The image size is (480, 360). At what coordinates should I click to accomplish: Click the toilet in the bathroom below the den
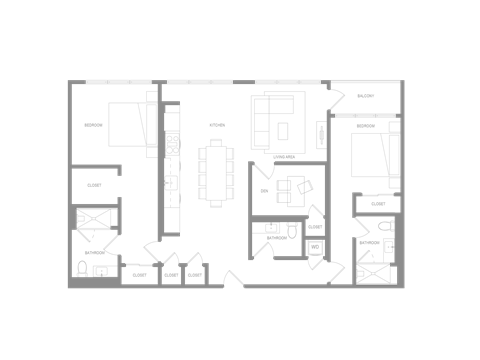[x=291, y=230]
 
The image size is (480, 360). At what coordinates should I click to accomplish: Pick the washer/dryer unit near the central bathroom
[x=315, y=246]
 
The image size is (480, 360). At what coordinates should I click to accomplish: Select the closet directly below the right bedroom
[x=378, y=203]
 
